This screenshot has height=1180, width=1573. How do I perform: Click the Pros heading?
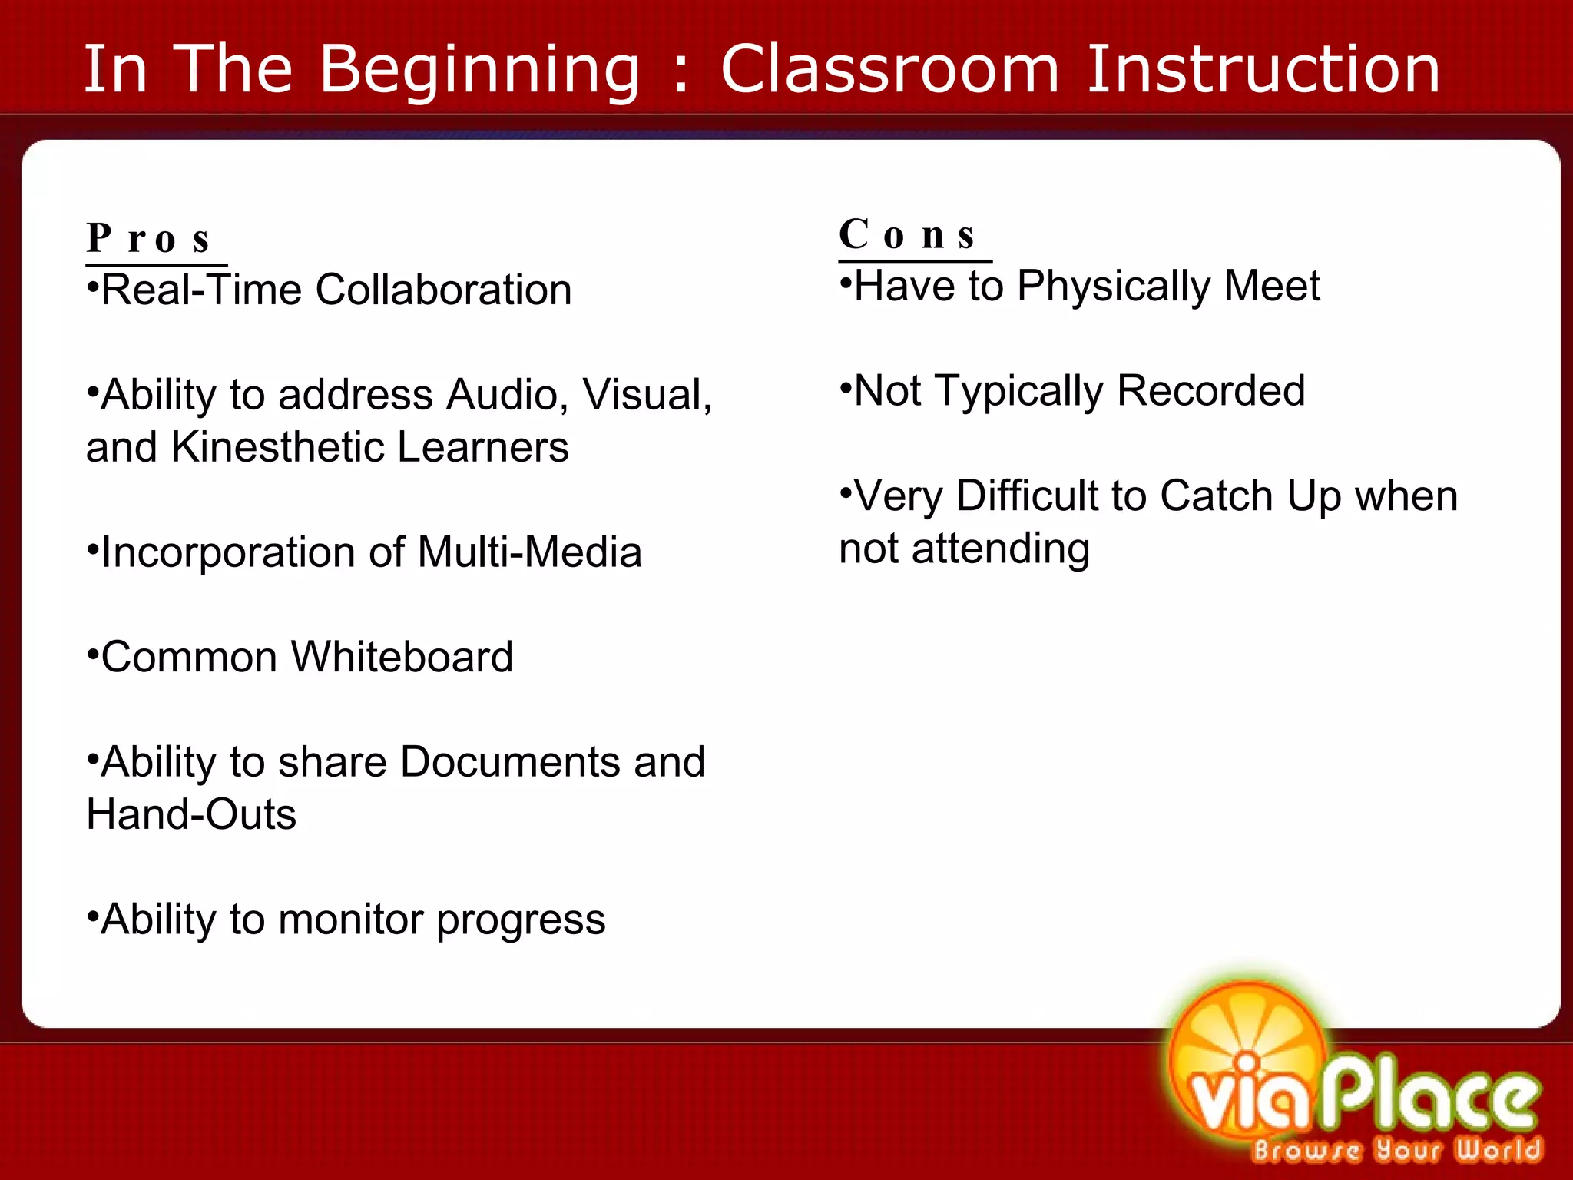(x=148, y=238)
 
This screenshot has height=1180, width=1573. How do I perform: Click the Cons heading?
(x=907, y=234)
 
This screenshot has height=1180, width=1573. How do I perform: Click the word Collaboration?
(x=443, y=290)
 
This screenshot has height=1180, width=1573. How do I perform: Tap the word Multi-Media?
(x=530, y=552)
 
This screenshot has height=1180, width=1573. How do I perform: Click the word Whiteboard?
(x=402, y=658)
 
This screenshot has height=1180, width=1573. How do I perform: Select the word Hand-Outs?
(x=191, y=814)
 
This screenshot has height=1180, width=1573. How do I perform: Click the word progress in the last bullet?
(x=521, y=920)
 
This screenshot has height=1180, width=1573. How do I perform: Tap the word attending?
(x=1001, y=549)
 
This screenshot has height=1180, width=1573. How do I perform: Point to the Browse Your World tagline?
(x=1396, y=1150)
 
